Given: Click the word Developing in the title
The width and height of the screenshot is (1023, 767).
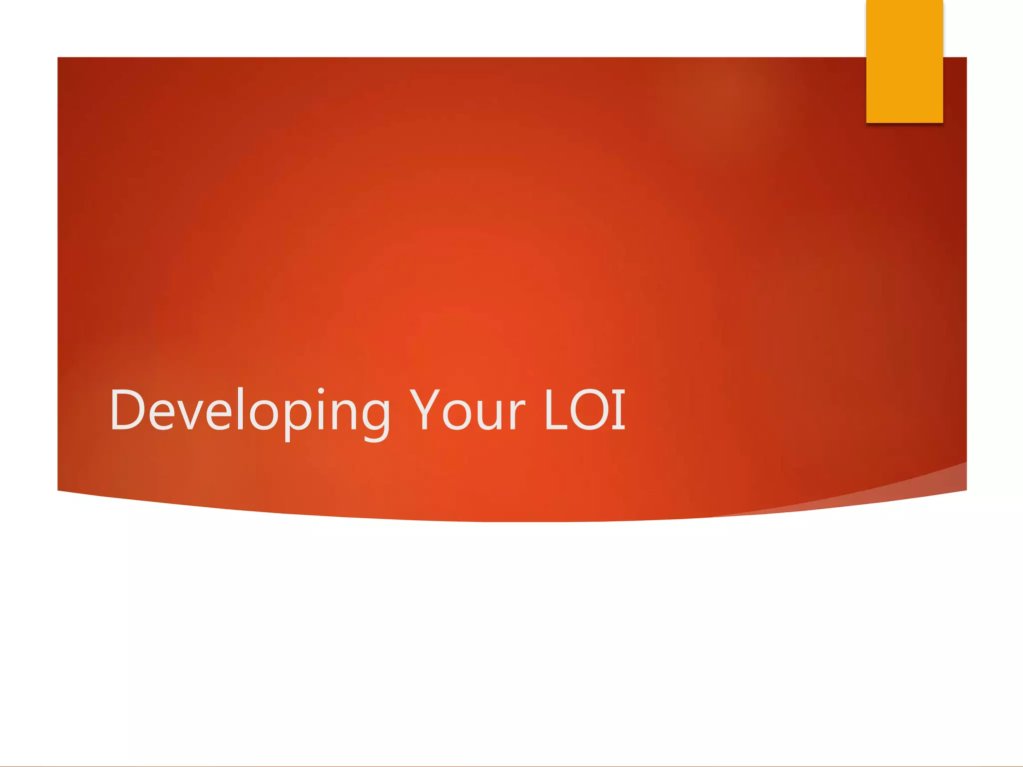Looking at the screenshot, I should [x=250, y=410].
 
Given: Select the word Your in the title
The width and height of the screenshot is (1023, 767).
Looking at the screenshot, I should [x=468, y=410].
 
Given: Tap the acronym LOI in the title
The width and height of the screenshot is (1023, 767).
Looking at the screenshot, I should [x=585, y=410].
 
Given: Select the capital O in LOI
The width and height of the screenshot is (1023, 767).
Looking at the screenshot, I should [x=589, y=410].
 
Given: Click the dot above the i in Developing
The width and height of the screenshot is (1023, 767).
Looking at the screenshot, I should [x=321, y=391].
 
